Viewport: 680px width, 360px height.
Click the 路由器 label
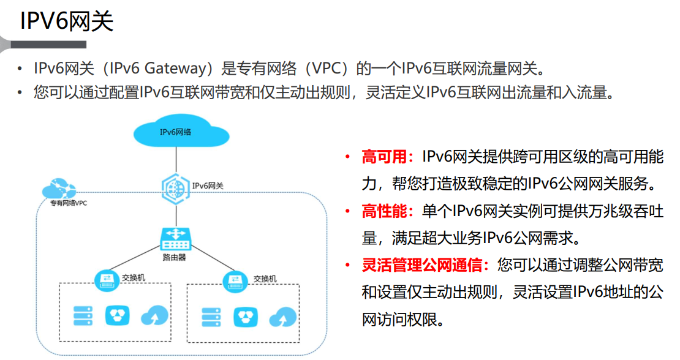pyautogui.click(x=175, y=258)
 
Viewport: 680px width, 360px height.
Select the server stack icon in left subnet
pyautogui.click(x=83, y=317)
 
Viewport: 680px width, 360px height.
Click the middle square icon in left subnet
pyautogui.click(x=117, y=317)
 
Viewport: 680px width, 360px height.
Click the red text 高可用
pyautogui.click(x=384, y=157)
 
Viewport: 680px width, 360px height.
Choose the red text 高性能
pyautogui.click(x=384, y=212)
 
